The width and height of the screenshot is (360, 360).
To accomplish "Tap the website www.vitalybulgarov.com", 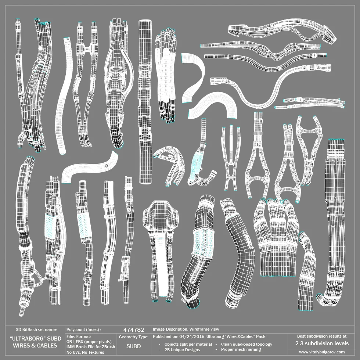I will (322, 352).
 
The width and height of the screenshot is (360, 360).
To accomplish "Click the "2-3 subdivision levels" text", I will (322, 343).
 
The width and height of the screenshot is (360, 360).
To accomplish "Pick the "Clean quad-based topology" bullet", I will (246, 344).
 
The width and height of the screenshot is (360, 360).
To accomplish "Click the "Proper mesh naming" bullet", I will (241, 350).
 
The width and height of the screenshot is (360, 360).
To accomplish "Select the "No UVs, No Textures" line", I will (86, 352).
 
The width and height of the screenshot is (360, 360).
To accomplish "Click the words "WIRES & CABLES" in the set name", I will (35, 346).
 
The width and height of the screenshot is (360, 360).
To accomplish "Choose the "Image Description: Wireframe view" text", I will (186, 329).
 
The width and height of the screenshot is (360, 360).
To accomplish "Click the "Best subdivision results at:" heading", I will (322, 336).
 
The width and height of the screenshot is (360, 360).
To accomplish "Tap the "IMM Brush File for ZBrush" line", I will (91, 347).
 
